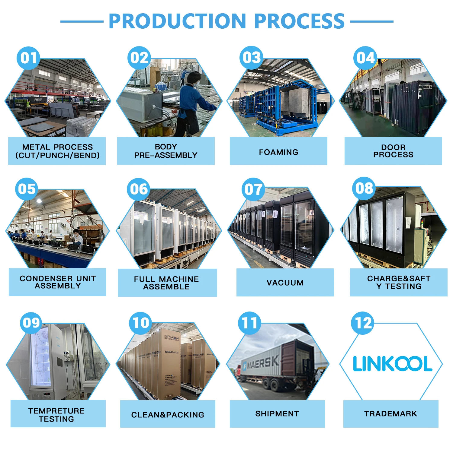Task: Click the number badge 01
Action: pos(28,58)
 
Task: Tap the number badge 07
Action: pos(253,189)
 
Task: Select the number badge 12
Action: pos(363,323)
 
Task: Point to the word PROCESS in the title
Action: pos(299,21)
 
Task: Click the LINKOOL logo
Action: pos(392,363)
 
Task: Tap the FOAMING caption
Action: pos(278,152)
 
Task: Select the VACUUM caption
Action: pos(285,283)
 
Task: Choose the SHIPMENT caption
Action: pos(277,413)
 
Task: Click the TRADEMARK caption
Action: pos(390,413)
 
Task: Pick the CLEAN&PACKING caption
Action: pos(168,415)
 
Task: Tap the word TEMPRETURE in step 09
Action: pos(56,411)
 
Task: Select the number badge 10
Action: pos(140,323)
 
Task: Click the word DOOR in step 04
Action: pos(393,147)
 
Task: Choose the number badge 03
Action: pos(251,58)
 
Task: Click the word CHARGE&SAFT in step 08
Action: pos(399,278)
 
